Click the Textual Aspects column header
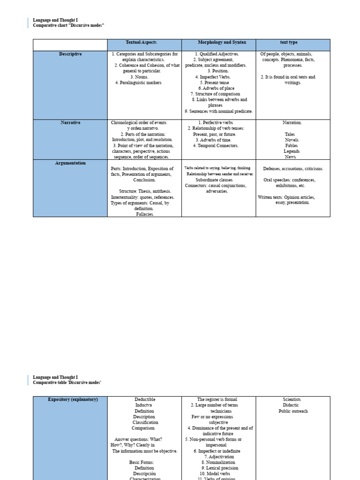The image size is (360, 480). click(x=144, y=43)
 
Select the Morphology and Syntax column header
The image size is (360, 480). click(x=218, y=43)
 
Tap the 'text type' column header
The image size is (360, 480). click(x=289, y=43)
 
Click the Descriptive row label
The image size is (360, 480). click(x=70, y=54)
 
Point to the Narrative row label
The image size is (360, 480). click(x=70, y=123)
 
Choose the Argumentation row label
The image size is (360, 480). click(x=70, y=163)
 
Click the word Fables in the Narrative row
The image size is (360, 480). click(x=292, y=146)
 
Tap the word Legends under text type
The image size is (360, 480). click(x=292, y=151)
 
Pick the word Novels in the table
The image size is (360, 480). click(x=292, y=140)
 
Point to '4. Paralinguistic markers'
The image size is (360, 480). click(x=138, y=82)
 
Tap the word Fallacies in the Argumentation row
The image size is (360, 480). click(x=145, y=214)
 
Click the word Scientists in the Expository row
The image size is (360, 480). click(x=292, y=400)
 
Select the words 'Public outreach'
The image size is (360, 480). click(x=293, y=411)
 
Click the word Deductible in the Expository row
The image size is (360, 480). click(x=145, y=400)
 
